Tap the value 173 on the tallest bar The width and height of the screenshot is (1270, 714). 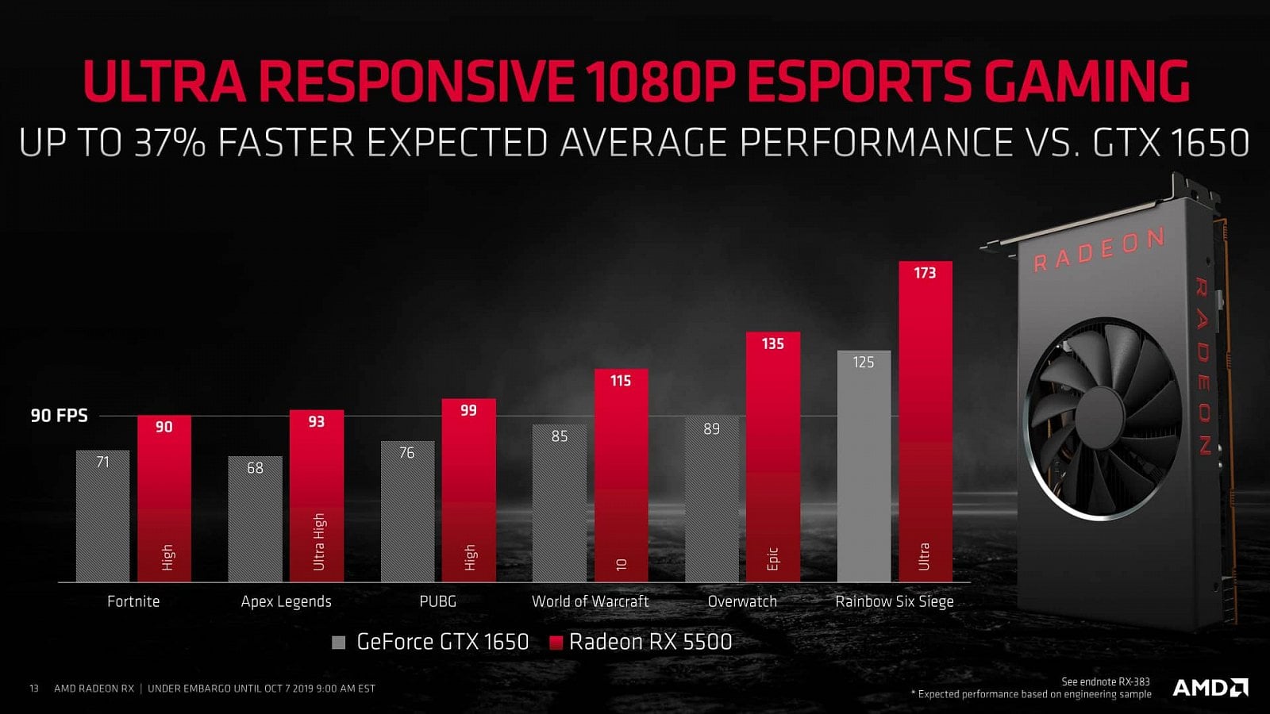coord(925,273)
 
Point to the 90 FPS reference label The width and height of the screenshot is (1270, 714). coord(59,416)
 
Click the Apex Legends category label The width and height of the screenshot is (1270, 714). coord(286,601)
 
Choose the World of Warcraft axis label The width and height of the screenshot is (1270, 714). coord(590,601)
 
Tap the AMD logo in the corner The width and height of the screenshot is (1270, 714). coord(1210,687)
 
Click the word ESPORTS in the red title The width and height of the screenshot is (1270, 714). coord(858,81)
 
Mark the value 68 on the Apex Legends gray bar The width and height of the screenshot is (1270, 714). coord(255,468)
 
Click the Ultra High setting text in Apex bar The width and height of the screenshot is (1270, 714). coord(319,541)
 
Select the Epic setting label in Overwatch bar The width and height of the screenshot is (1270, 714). coord(773,559)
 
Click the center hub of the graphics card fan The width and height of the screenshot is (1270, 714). coord(1103,418)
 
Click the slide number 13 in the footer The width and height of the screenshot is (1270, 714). coord(34,689)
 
